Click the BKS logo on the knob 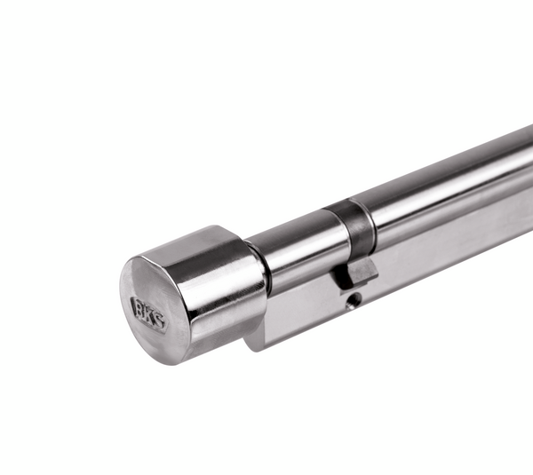[x=148, y=313]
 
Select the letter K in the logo [x=148, y=314]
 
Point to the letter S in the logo [x=159, y=319]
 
